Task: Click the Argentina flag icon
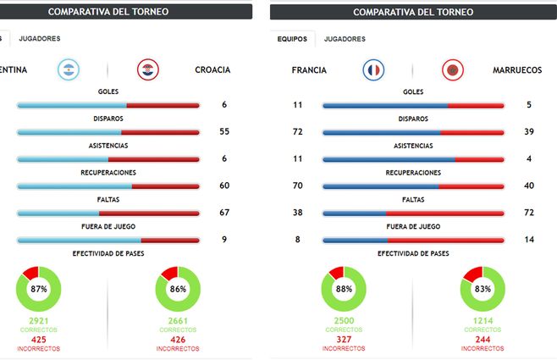coord(69,70)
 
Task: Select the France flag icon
coord(373,70)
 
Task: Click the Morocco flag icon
coord(453,70)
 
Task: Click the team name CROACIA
coord(212,70)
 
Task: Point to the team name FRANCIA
coord(309,70)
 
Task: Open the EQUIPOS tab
coord(292,39)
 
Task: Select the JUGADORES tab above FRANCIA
coord(345,39)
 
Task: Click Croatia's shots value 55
coord(224,131)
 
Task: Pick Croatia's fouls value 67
coord(224,213)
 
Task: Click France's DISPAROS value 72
coord(298,131)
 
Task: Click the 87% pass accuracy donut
coord(38,289)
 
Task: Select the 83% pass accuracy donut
coord(482,289)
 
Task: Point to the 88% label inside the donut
coord(343,289)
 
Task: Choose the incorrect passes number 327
coord(343,341)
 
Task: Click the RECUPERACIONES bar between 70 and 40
coord(413,186)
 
